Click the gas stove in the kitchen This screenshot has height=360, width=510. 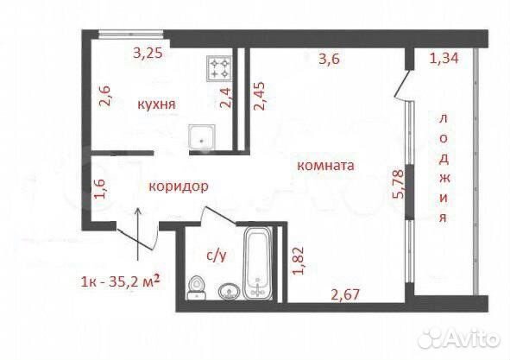tap(219, 68)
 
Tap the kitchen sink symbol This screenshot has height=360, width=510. tap(202, 137)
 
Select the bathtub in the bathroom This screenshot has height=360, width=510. tap(258, 262)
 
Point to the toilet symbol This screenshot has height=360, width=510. tap(197, 287)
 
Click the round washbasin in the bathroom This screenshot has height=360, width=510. tap(230, 292)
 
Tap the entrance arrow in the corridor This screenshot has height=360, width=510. tap(138, 234)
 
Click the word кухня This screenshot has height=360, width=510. tap(157, 104)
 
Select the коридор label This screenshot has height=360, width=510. tap(179, 187)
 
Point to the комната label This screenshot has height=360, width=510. tap(325, 166)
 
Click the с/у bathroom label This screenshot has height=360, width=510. tap(217, 256)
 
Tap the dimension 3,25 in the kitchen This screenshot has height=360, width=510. tap(148, 53)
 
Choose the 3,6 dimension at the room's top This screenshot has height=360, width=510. tap(329, 59)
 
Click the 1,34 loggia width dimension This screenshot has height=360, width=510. tap(444, 58)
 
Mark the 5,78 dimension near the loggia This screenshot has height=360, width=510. tap(398, 184)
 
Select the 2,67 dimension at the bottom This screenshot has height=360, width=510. tap(345, 294)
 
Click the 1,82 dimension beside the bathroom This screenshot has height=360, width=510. tap(299, 261)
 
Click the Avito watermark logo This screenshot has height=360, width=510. tap(459, 338)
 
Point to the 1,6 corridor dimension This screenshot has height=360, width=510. tap(99, 189)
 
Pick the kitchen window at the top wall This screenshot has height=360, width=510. tap(131, 32)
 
